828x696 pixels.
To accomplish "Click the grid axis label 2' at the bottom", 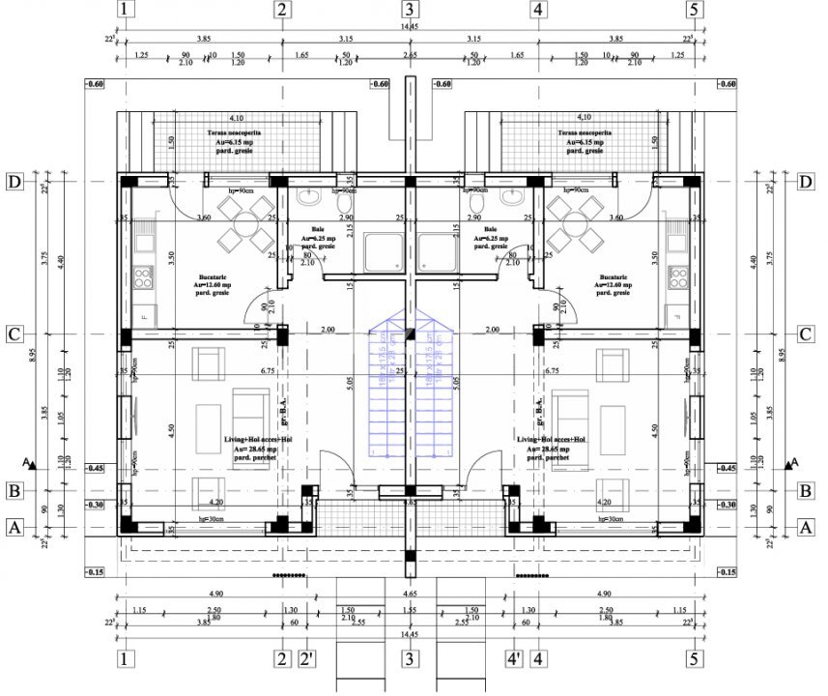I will click(x=307, y=661).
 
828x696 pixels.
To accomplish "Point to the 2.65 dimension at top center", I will click(x=410, y=56).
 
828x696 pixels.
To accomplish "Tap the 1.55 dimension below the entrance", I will click(x=410, y=611).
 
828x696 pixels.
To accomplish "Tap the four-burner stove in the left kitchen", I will click(x=143, y=278).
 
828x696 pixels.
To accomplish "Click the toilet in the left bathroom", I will click(x=308, y=200).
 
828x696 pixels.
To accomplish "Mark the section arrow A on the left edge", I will click(x=32, y=465).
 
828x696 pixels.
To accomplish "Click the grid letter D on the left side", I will click(x=14, y=182).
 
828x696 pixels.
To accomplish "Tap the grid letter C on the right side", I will click(x=805, y=334).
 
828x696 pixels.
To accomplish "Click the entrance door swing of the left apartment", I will click(x=338, y=470).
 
